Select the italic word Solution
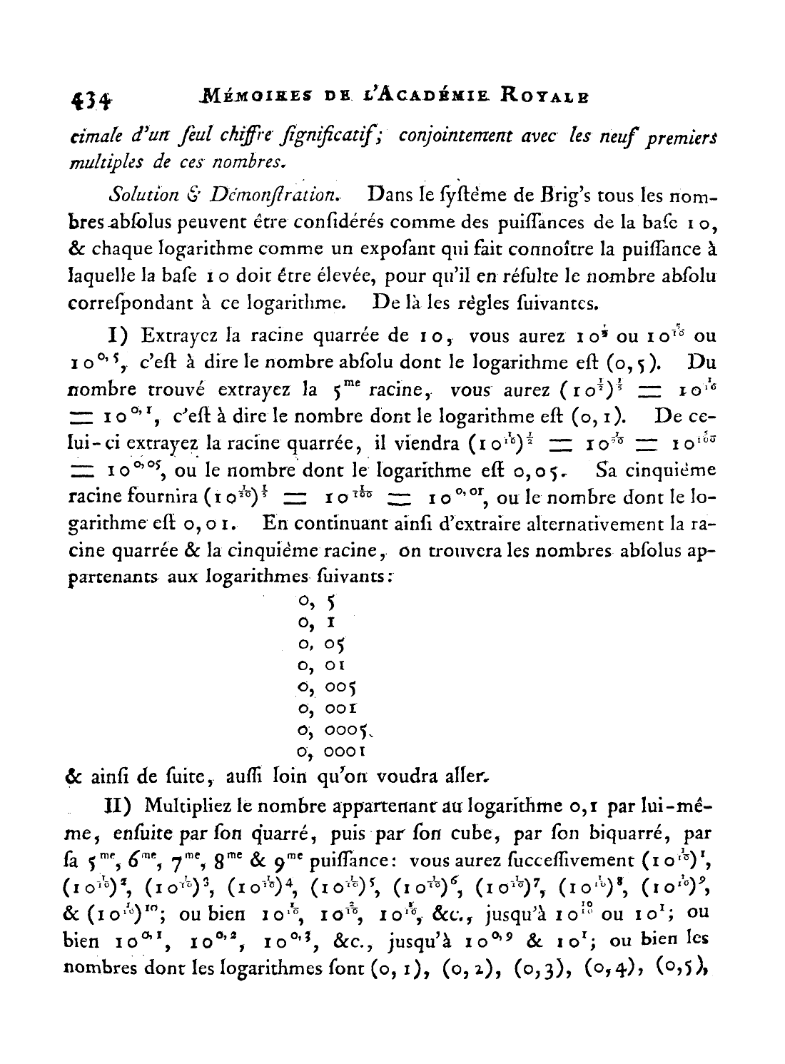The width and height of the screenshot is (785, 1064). [143, 195]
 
